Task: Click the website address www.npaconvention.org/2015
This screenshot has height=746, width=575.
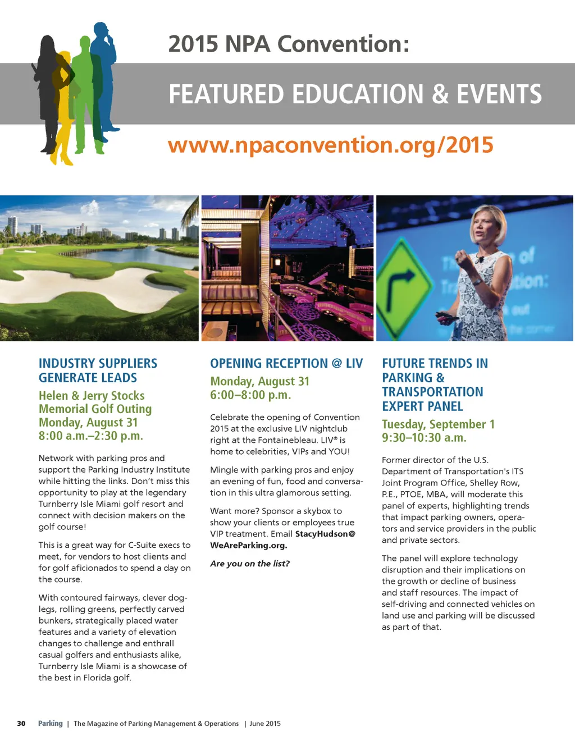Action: pos(330,145)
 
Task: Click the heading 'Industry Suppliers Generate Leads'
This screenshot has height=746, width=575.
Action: pos(98,370)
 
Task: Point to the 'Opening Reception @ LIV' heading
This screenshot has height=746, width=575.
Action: pos(286,363)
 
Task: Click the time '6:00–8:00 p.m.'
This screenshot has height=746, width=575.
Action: pos(250,395)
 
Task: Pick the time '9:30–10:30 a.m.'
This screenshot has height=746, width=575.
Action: pos(424,437)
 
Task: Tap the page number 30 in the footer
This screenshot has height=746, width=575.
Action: pos(21,724)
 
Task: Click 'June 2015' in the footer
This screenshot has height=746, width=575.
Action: pos(265,724)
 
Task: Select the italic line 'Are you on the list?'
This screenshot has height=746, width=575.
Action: pos(250,564)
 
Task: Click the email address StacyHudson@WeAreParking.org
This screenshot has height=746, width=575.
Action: pos(282,539)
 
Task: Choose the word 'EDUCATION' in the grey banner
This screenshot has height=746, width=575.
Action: pos(358,94)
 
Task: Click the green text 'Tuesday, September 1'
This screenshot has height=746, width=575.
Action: pos(438,424)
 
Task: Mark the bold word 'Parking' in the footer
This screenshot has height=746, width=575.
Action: pos(51,724)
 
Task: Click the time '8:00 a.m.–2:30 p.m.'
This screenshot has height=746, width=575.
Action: pos(91,436)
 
